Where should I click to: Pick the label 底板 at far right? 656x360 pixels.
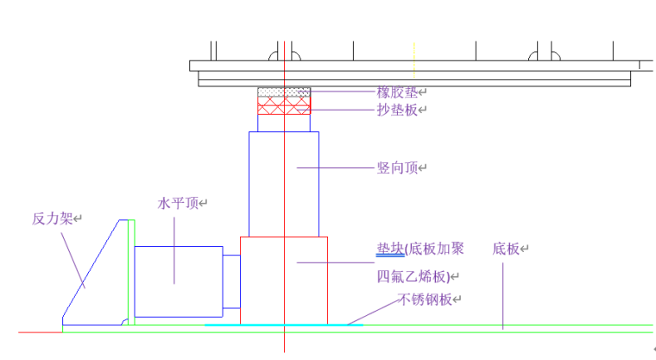(509, 249)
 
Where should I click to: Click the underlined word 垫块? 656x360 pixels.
(390, 249)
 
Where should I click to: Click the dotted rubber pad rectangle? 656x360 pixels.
(284, 91)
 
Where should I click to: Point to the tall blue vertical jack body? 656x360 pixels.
(284, 183)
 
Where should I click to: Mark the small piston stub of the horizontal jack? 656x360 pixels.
(231, 280)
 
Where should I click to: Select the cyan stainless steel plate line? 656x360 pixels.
(293, 325)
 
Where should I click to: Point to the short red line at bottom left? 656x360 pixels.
(39, 331)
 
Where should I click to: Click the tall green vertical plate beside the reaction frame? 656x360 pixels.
(132, 272)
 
